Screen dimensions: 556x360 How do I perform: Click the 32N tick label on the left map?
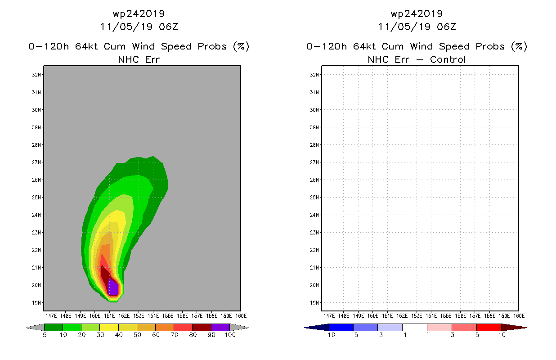coord(36,75)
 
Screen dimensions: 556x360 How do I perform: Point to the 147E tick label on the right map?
coord(329,316)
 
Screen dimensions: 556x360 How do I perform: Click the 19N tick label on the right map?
coord(314,303)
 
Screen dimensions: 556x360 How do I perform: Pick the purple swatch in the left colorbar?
coord(220,327)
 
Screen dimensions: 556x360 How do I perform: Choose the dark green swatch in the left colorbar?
coord(54,327)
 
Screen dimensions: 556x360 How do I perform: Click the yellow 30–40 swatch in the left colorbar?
coord(109,327)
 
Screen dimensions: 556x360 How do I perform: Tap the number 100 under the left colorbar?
coord(230,335)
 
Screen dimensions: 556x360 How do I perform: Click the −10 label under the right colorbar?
coord(329,335)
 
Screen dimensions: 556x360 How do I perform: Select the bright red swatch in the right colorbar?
coord(489,327)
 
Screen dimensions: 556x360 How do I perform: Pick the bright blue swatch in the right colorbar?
coord(341,327)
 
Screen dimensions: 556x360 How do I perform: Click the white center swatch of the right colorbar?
coord(415,327)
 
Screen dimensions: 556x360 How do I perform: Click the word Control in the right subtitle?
coord(448,59)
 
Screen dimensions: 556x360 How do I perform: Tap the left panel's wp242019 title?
coord(139,13)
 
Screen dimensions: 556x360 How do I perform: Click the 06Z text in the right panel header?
coord(446,27)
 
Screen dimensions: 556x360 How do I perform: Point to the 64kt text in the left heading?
coord(87,46)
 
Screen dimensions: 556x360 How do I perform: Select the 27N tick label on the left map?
coord(36,162)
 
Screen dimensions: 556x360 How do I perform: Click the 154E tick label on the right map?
coord(431,316)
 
